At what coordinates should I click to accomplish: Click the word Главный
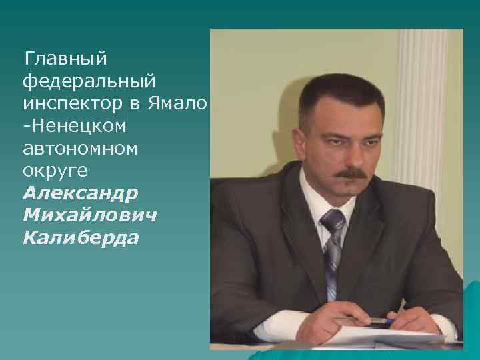tap(65, 59)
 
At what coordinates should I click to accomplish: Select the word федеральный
tap(89, 81)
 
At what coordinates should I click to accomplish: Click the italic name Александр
tap(81, 193)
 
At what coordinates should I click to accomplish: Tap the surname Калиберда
tap(81, 238)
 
